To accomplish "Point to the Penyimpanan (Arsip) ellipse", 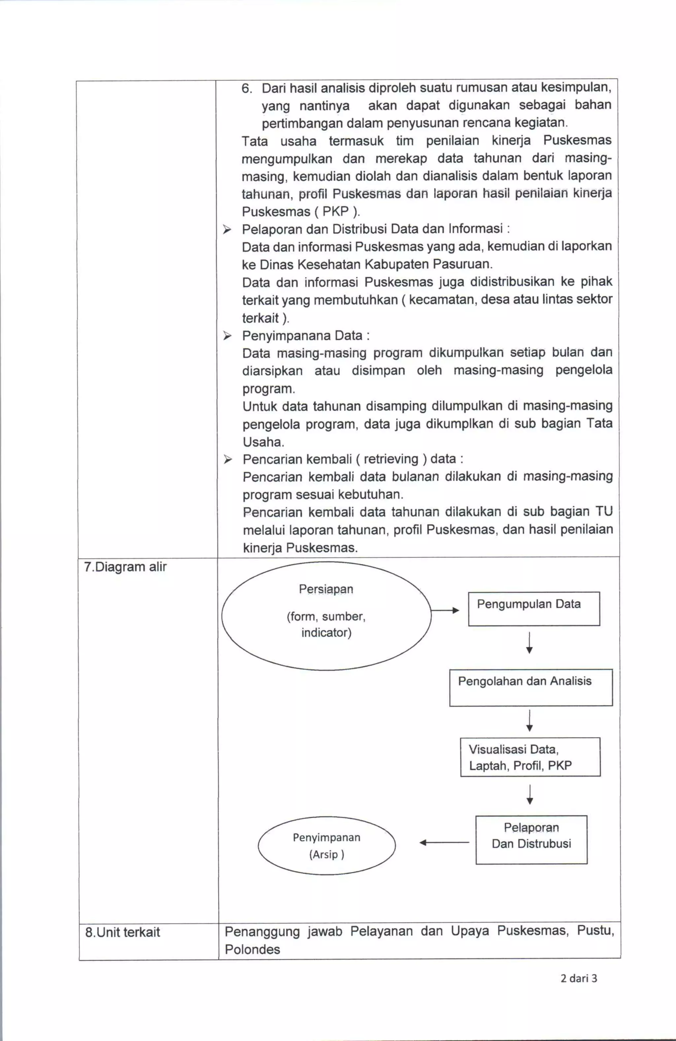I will tap(327, 845).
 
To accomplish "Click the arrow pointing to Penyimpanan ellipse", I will tap(444, 843).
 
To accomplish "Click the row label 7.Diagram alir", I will tap(125, 567).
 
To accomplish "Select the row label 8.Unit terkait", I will tap(122, 932).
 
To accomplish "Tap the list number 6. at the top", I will tap(247, 89).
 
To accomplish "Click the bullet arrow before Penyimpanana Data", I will tap(227, 336).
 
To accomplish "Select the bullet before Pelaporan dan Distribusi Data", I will tap(226, 229).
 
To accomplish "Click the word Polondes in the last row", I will tap(252, 950).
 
